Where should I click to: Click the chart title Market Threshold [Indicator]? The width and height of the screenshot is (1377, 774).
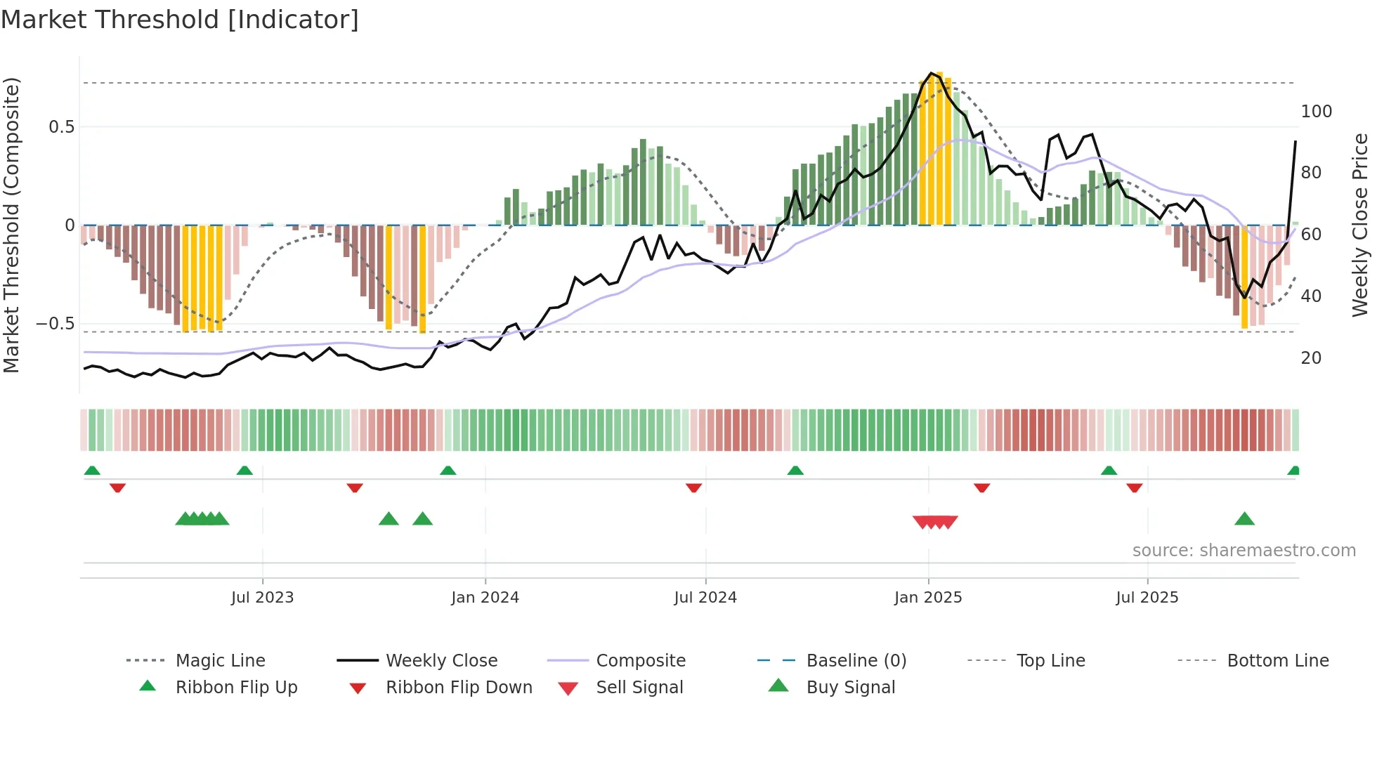coord(180,20)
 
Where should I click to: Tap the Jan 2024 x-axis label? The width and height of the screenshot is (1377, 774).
coord(485,598)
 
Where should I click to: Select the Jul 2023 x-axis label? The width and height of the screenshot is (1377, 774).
coord(262,598)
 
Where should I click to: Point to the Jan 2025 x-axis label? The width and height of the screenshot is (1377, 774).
coord(927,598)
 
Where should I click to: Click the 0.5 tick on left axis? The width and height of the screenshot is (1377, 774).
coord(61,127)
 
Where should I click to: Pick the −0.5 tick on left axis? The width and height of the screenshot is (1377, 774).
coord(56,324)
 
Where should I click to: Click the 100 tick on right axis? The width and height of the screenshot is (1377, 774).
coord(1316,112)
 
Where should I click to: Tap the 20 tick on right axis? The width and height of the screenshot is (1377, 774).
coord(1311,358)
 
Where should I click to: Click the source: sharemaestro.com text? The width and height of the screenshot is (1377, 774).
coord(1244,551)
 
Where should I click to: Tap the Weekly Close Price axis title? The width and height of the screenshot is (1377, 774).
coord(1360,225)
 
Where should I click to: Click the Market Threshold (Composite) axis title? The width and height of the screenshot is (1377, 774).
coord(11,225)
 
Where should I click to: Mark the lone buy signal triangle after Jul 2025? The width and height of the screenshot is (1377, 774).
coord(1244,519)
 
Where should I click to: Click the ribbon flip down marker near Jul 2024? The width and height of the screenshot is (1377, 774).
coord(693,487)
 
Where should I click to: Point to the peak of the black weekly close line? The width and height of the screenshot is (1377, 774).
coord(931,73)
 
